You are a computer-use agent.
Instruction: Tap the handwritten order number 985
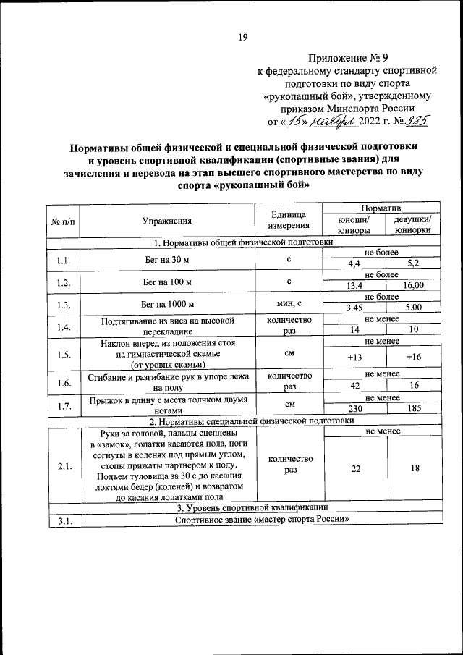tap(418, 121)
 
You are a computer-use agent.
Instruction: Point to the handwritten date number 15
tap(293, 121)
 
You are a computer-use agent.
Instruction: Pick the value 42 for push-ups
tap(355, 386)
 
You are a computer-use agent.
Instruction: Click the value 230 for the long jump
tap(355, 409)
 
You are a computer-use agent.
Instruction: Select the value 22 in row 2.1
tap(355, 469)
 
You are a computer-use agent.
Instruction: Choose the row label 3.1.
tap(64, 520)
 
